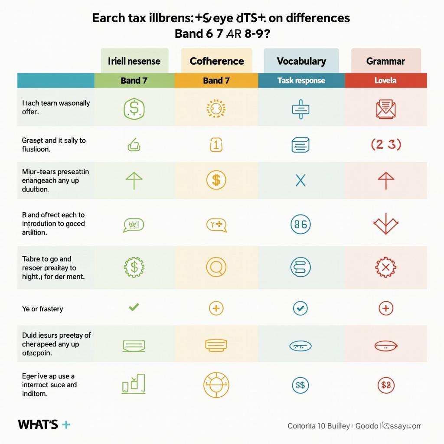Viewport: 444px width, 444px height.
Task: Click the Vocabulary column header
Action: (301, 61)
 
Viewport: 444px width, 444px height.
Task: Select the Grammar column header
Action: (385, 61)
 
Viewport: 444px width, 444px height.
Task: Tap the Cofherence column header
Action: (216, 61)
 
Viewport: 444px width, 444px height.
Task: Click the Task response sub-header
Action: (301, 81)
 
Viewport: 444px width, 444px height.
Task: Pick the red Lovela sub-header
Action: (385, 81)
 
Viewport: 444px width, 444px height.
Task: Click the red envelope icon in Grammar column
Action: (385, 108)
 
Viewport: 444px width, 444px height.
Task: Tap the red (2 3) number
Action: (385, 145)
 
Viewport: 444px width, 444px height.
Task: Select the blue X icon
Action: (300, 180)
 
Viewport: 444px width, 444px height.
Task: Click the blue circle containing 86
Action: (300, 224)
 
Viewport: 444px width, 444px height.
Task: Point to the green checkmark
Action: (134, 307)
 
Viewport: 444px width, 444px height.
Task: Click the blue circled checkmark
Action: (300, 308)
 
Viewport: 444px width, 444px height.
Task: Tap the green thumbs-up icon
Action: (134, 145)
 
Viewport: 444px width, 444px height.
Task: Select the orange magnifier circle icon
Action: (216, 268)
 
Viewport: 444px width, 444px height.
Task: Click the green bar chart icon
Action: (134, 384)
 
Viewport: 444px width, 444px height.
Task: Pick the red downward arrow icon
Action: (385, 224)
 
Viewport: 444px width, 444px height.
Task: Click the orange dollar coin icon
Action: (216, 180)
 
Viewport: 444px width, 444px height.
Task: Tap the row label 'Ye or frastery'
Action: (42, 309)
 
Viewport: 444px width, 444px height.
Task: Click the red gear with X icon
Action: (385, 268)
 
